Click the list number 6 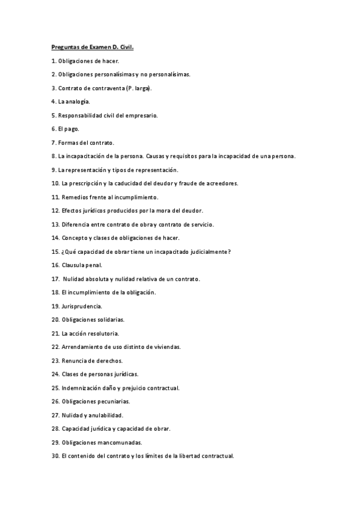click(53, 129)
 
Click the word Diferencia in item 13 click(76, 224)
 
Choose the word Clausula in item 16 click(73, 265)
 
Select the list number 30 click(55, 456)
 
